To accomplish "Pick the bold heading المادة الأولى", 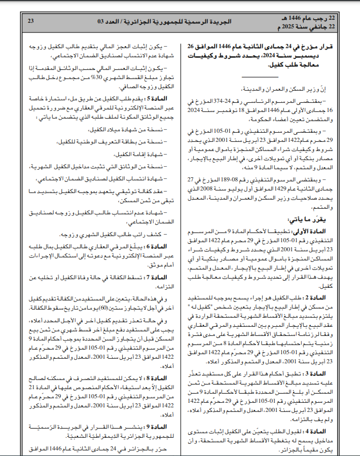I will click(x=314, y=231).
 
